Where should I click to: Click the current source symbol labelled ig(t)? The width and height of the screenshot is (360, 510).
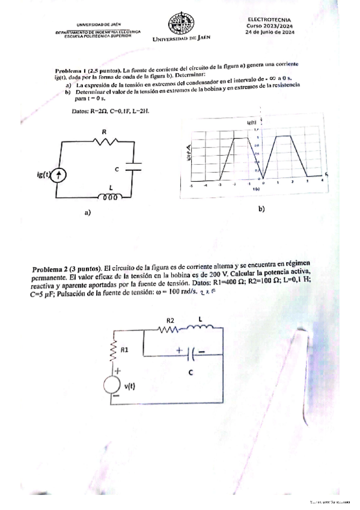(x=59, y=175)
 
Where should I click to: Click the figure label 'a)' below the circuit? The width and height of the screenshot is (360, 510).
(x=88, y=212)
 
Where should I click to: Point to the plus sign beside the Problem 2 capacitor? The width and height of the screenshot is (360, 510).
(x=178, y=349)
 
